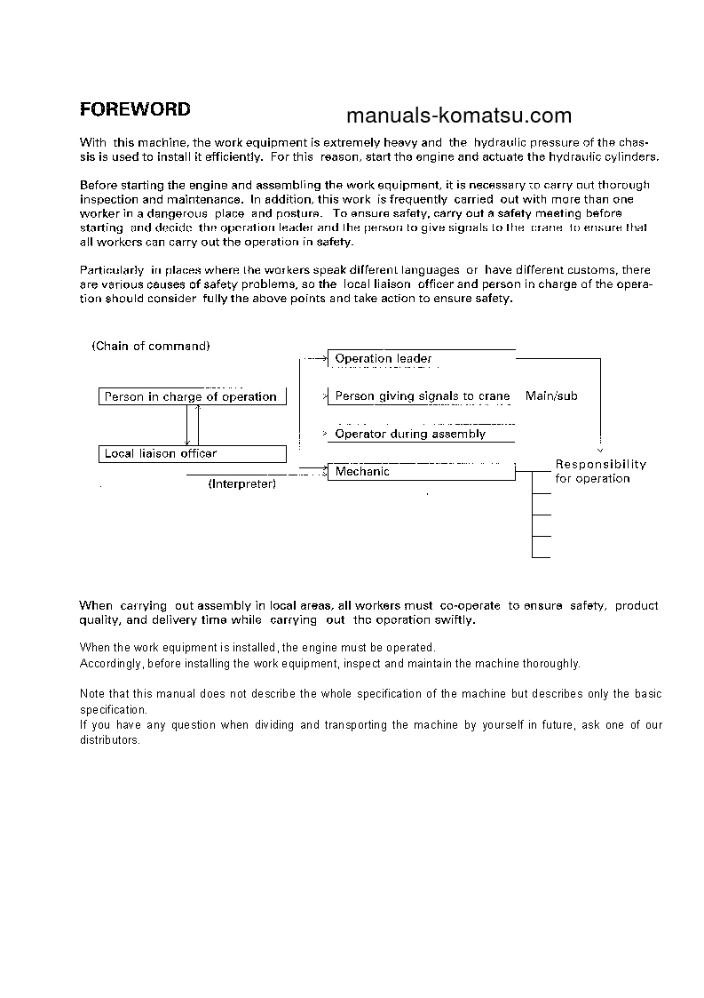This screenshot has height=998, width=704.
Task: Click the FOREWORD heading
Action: click(x=135, y=109)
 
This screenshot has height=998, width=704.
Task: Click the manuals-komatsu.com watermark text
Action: click(x=458, y=116)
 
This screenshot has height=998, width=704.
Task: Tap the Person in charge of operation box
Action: click(x=192, y=396)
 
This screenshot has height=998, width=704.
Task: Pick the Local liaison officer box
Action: click(x=192, y=453)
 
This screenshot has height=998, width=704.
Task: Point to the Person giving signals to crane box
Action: click(x=421, y=396)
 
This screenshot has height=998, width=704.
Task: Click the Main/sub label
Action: click(x=551, y=395)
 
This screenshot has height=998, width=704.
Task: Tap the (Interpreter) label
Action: click(x=241, y=484)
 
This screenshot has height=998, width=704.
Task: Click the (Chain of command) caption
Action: click(x=151, y=346)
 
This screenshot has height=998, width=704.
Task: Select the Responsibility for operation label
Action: click(x=600, y=471)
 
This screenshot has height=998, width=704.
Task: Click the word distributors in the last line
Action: click(x=109, y=740)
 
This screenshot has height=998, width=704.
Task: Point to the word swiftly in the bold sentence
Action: click(x=454, y=619)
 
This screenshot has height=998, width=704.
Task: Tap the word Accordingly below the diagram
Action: click(x=111, y=663)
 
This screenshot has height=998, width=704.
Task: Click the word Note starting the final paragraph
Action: click(x=91, y=693)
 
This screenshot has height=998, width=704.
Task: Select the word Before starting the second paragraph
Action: click(x=99, y=185)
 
